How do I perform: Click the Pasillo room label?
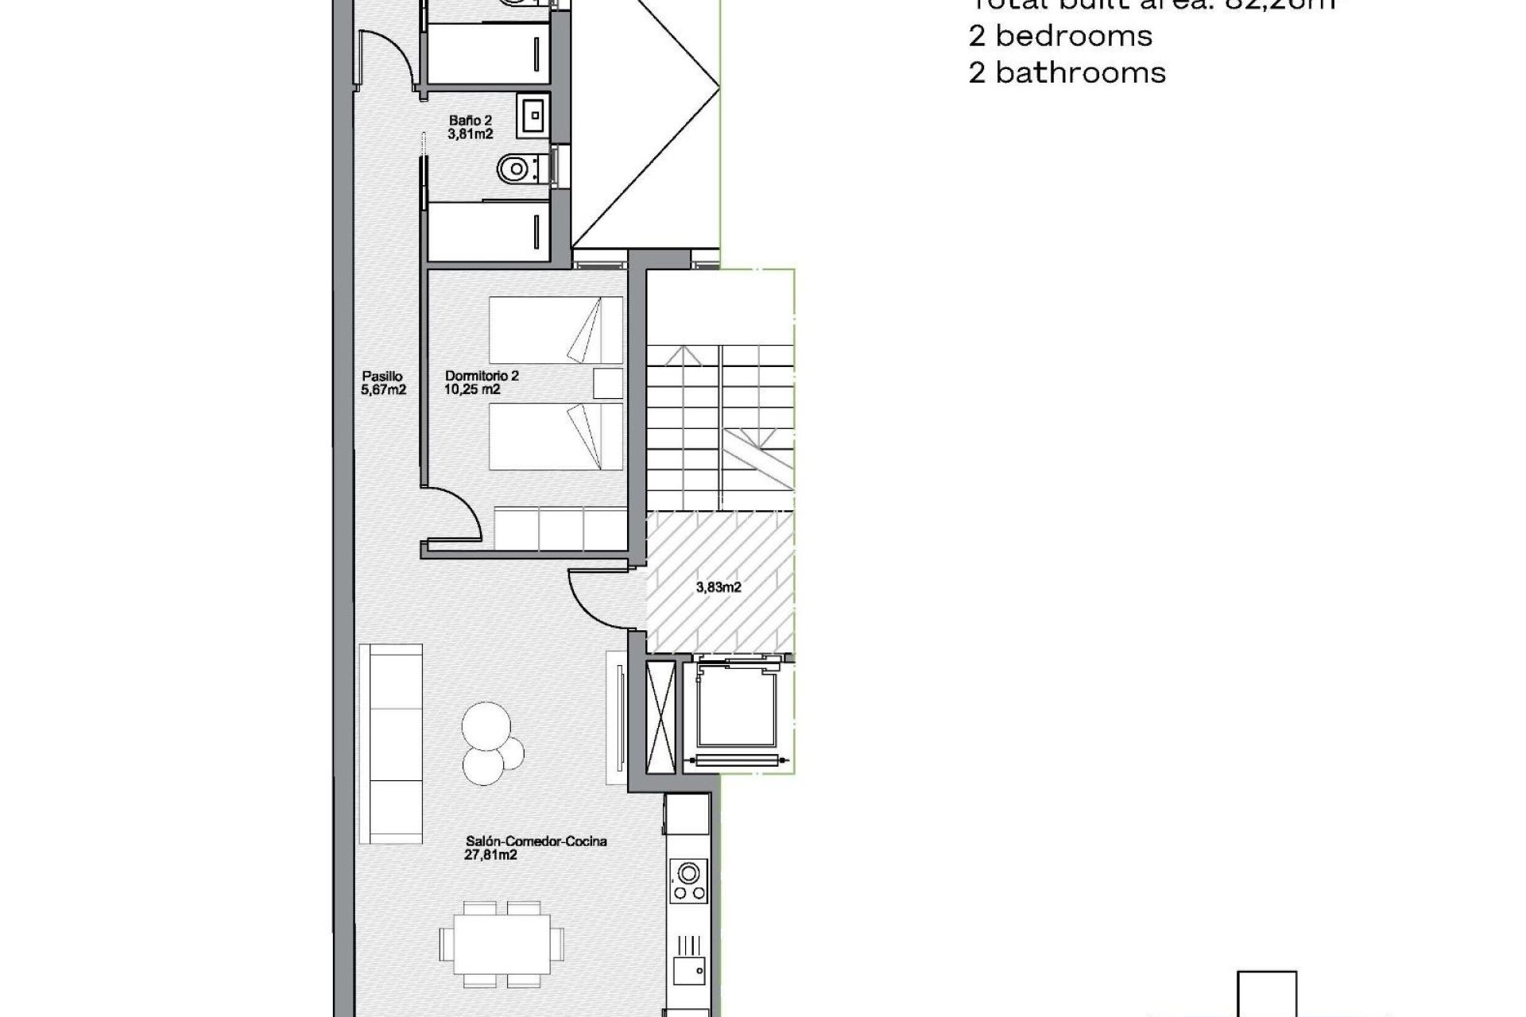pyautogui.click(x=383, y=383)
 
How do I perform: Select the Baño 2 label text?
pyautogui.click(x=470, y=127)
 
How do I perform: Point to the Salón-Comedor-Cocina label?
pyautogui.click(x=536, y=848)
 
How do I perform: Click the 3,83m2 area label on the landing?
pyautogui.click(x=718, y=587)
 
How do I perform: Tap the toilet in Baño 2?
pyautogui.click(x=515, y=168)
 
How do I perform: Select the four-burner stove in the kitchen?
pyautogui.click(x=687, y=882)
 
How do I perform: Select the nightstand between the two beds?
pyautogui.click(x=608, y=384)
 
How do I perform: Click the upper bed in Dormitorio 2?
pyautogui.click(x=555, y=330)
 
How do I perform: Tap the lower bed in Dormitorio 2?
pyautogui.click(x=555, y=437)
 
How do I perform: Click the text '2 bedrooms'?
pyautogui.click(x=1061, y=36)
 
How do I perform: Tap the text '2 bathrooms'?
pyautogui.click(x=1067, y=73)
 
